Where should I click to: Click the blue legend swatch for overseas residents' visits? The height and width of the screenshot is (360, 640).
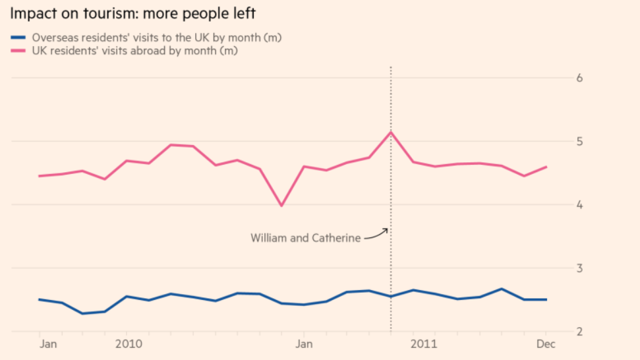[x=18, y=38]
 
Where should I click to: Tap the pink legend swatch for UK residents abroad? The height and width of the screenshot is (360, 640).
[x=18, y=51]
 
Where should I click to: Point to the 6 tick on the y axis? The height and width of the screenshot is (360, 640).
[x=579, y=78]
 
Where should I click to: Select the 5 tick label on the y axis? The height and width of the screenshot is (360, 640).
[x=579, y=141]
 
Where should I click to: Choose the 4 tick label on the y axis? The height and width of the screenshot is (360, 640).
[x=579, y=204]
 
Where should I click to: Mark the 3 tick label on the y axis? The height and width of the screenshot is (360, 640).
[x=579, y=268]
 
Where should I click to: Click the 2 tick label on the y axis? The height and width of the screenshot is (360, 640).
[x=579, y=331]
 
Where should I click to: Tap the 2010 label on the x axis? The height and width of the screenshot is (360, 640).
[x=130, y=344]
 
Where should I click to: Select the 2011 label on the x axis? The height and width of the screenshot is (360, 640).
[x=423, y=344]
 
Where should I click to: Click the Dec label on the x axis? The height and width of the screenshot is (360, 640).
[x=546, y=344]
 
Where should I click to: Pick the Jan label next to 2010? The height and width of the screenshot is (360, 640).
[x=47, y=344]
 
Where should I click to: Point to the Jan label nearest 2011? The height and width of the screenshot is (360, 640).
[x=304, y=344]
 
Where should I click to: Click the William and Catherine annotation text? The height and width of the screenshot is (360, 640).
[x=305, y=238]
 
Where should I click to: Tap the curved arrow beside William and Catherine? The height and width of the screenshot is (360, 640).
[x=376, y=233]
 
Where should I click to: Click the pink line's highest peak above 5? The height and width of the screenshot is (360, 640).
[x=391, y=132]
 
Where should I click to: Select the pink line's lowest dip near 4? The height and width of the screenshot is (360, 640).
[x=281, y=206]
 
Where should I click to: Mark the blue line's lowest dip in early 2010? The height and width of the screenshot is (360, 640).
[x=83, y=313]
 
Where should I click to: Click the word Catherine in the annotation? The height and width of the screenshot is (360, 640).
[x=335, y=238]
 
